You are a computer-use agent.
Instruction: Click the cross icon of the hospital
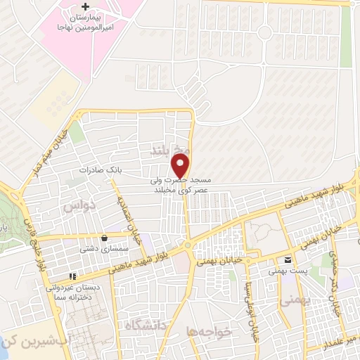tap(86, 6)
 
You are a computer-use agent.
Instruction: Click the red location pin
tap(181, 167)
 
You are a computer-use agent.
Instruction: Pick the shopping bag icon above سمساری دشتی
tap(105, 237)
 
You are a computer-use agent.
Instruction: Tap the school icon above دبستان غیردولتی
tap(72, 276)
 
